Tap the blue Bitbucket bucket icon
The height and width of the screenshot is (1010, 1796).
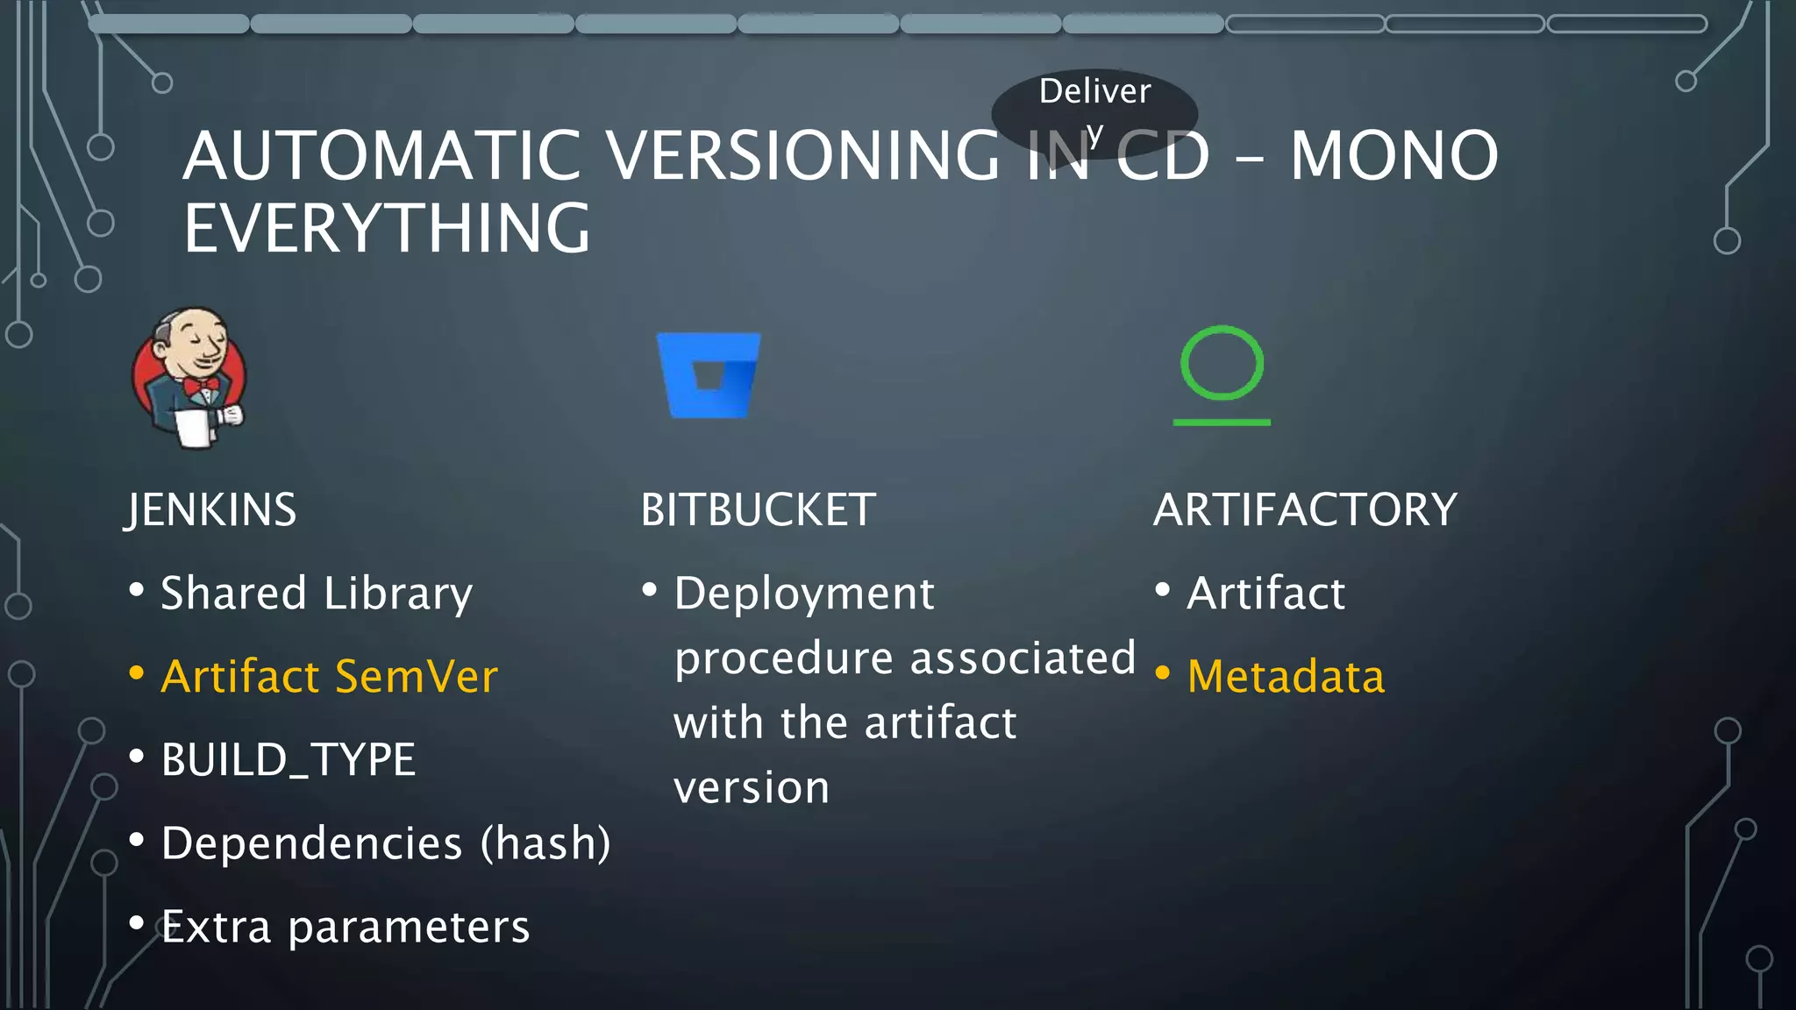(709, 374)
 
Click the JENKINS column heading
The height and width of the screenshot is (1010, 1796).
(210, 510)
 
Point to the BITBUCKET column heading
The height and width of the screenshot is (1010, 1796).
(758, 510)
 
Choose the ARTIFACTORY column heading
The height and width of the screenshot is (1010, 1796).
(1305, 510)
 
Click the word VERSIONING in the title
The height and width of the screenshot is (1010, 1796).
(803, 156)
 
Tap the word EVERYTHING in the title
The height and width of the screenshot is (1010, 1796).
(387, 229)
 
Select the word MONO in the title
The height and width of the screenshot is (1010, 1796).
(1393, 156)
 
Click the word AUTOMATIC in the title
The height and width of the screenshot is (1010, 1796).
(382, 156)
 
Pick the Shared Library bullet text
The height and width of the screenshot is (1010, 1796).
(317, 594)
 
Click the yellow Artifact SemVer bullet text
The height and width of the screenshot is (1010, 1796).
(329, 677)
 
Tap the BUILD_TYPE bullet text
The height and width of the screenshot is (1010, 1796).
(289, 760)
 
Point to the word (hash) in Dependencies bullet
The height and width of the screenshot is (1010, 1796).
(545, 843)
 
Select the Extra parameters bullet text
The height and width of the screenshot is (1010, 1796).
(346, 927)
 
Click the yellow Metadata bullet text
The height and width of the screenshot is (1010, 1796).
(1286, 677)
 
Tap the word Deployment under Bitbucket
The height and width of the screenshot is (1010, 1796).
(804, 594)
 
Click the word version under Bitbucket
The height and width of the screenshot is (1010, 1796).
(752, 788)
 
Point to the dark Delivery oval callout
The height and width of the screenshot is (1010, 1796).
(1094, 109)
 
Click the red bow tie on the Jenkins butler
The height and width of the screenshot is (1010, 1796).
(201, 386)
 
